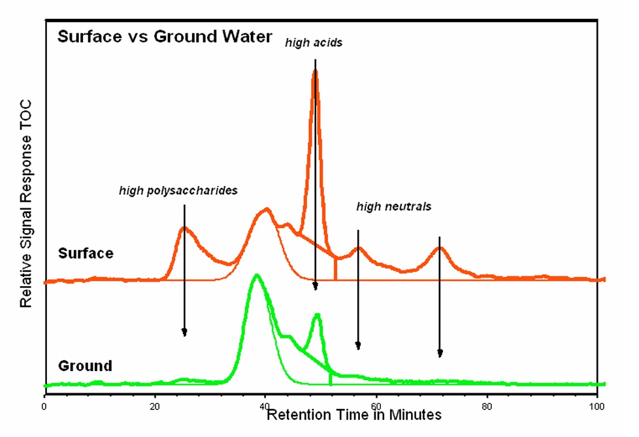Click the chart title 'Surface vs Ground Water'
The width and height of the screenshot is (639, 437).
(x=164, y=37)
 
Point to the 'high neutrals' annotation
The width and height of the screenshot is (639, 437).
(x=393, y=207)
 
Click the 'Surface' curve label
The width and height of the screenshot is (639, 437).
(x=85, y=253)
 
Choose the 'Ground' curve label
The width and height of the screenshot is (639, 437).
(x=85, y=365)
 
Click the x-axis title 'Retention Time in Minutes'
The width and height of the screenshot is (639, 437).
(x=354, y=415)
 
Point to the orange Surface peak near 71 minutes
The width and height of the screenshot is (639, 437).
(x=440, y=248)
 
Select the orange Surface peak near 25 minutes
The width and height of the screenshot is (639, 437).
(x=185, y=228)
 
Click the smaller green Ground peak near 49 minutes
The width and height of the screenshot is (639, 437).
(x=318, y=315)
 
